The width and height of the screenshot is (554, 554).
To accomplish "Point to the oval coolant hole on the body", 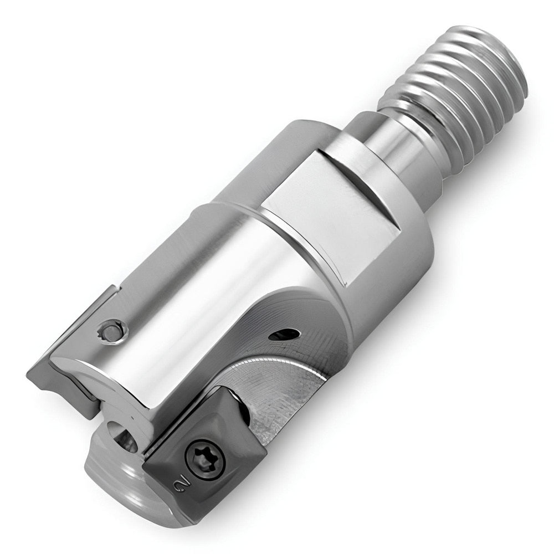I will pos(284,334).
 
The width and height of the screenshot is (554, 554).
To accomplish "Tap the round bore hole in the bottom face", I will pos(123,438).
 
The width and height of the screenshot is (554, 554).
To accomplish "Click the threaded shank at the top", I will pos(454,94).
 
